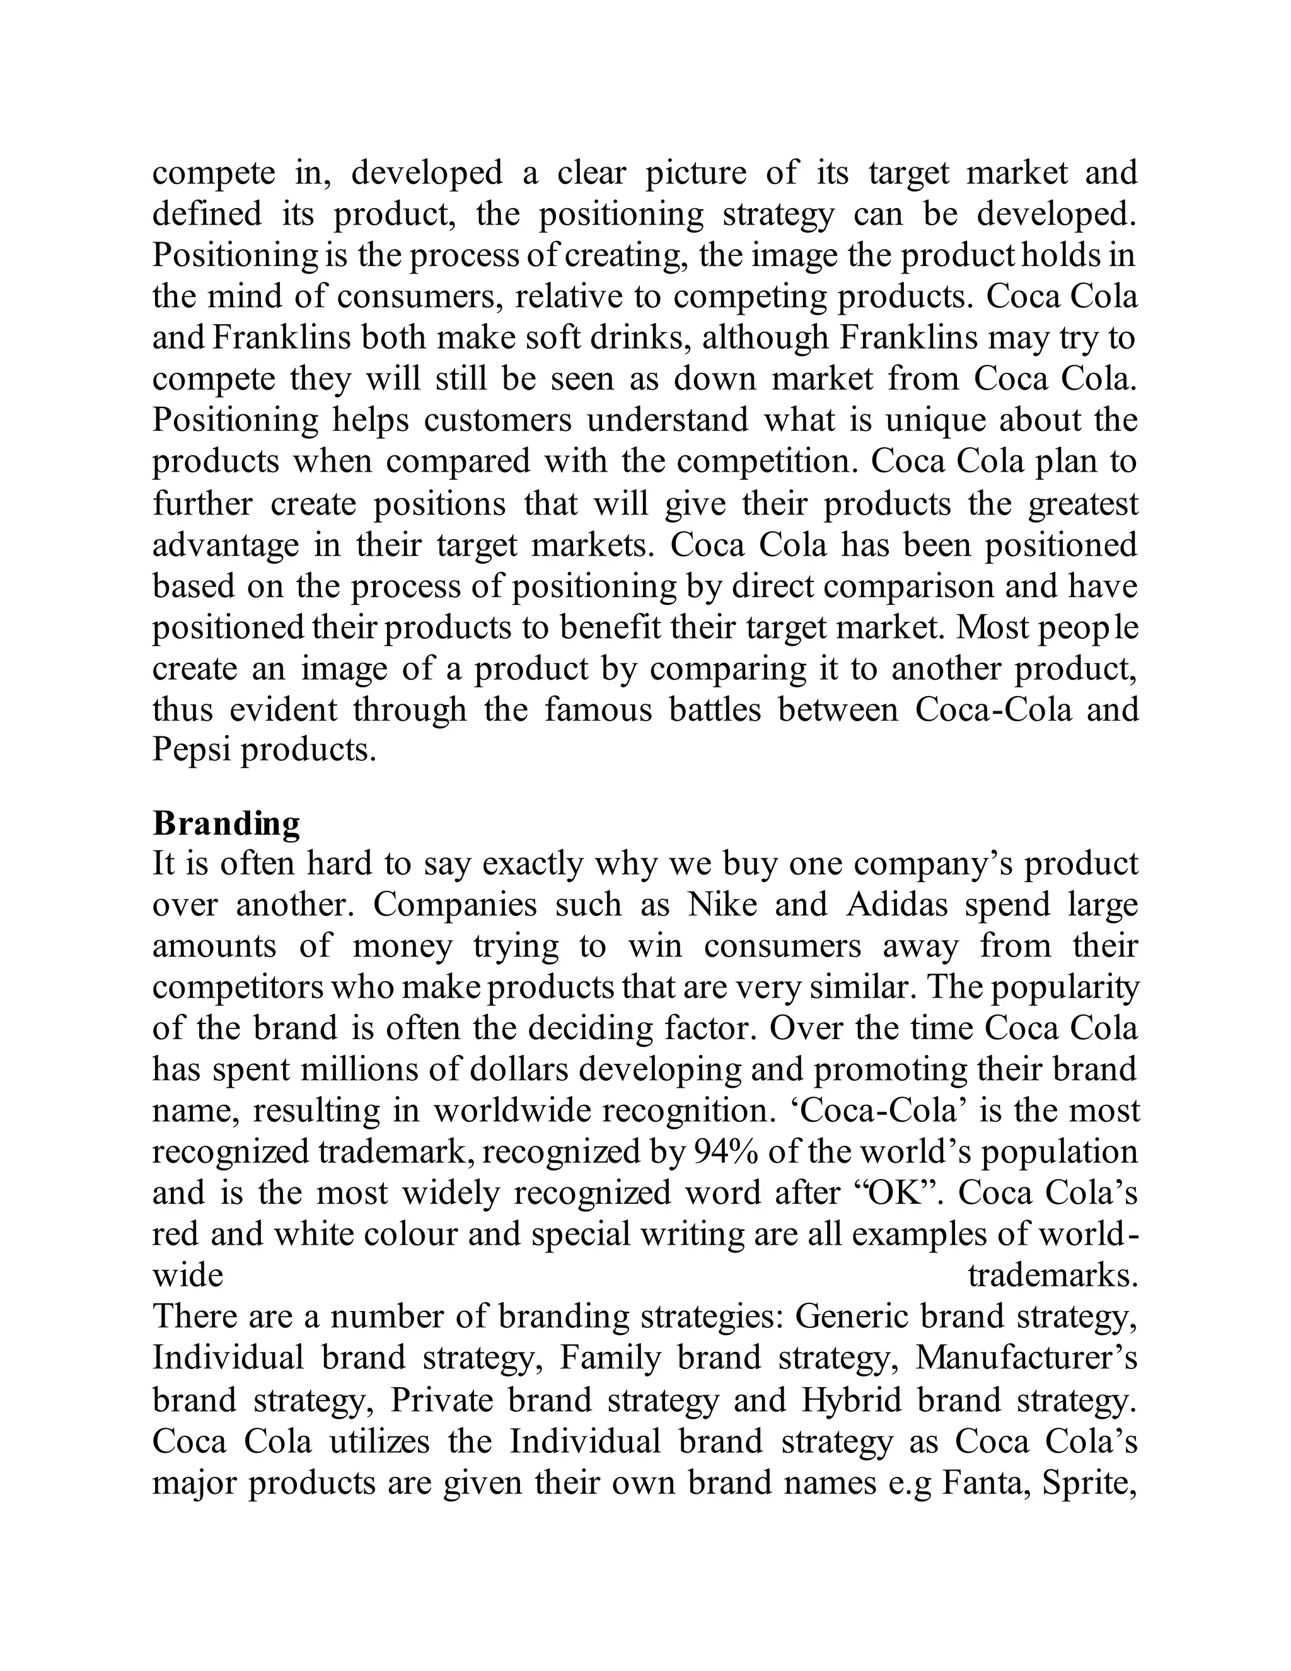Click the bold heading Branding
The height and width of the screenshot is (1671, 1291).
(x=226, y=824)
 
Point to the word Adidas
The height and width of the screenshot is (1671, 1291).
(x=897, y=905)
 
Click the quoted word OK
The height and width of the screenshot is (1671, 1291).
(x=895, y=1193)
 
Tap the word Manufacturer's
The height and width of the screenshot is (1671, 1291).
(x=1026, y=1359)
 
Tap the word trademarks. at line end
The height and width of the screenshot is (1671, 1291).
(x=1052, y=1276)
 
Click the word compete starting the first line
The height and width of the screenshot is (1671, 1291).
(x=214, y=173)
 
